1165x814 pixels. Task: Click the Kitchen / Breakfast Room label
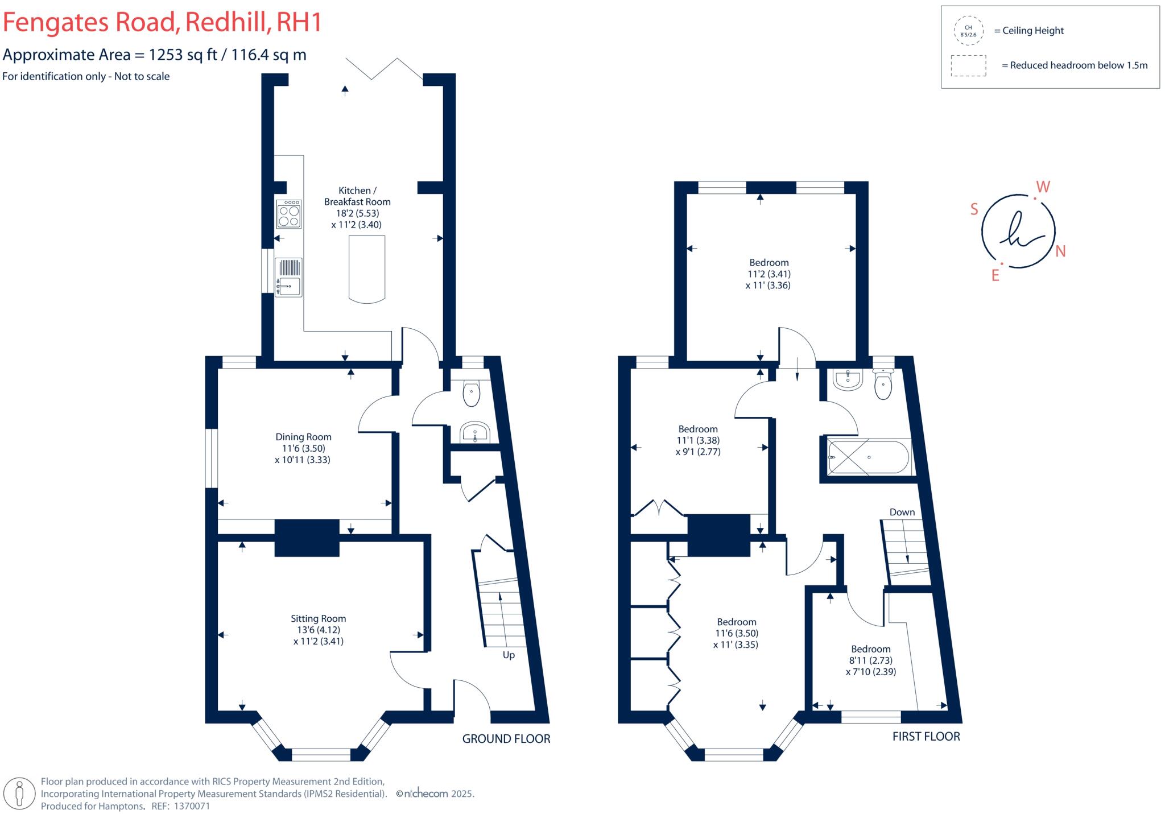tap(357, 196)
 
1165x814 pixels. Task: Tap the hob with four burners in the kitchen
tap(288, 214)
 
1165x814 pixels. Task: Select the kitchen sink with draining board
tap(288, 277)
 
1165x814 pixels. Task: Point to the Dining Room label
tap(303, 437)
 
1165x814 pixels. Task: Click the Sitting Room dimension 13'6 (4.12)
tap(319, 630)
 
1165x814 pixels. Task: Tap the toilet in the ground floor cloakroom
tap(472, 394)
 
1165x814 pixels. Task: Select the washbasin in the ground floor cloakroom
tap(474, 432)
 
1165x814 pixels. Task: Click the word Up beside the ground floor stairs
tap(509, 655)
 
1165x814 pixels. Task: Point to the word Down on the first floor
tap(902, 512)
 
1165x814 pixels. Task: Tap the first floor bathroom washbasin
tap(848, 380)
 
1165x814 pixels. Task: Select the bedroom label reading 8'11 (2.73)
tap(870, 660)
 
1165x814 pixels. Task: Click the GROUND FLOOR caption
tap(506, 739)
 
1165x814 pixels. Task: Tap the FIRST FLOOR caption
tap(926, 737)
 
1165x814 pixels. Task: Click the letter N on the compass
tap(1060, 251)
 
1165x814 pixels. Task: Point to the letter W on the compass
tap(1043, 187)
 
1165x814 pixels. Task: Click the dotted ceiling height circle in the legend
tap(968, 31)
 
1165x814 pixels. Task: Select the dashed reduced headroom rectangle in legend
tap(968, 65)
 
